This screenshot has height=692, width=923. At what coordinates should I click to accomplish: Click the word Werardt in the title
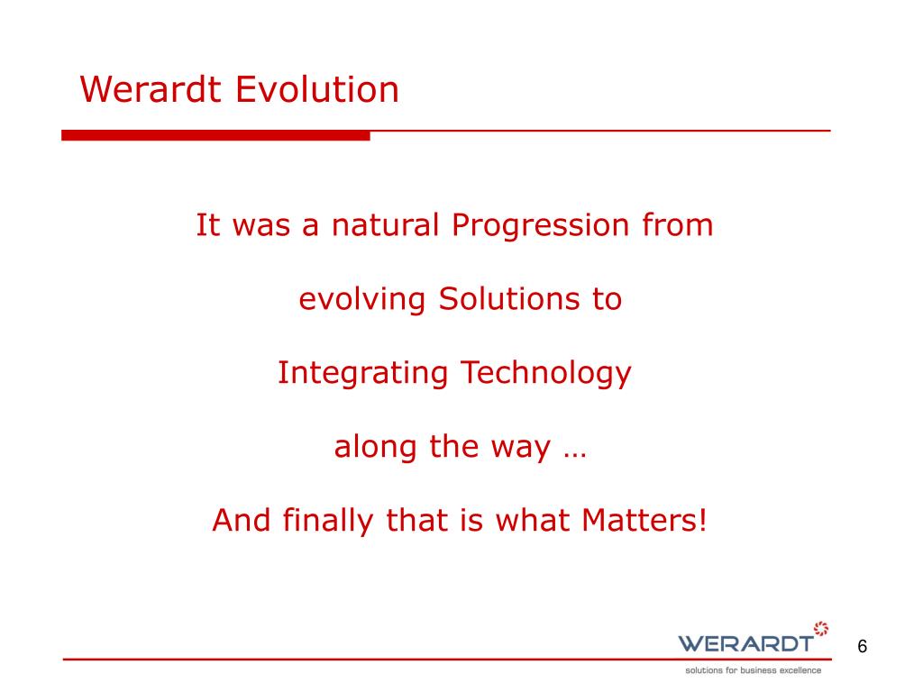pyautogui.click(x=151, y=89)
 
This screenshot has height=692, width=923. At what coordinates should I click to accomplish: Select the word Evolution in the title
pyautogui.click(x=317, y=89)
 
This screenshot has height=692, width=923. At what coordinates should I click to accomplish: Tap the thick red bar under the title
pyautogui.click(x=215, y=135)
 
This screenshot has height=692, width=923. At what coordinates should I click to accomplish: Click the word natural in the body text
pyautogui.click(x=386, y=224)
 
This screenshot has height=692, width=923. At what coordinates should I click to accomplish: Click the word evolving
pyautogui.click(x=362, y=300)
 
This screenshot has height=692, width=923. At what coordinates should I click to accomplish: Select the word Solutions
pyautogui.click(x=509, y=299)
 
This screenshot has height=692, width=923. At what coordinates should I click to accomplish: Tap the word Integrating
pyautogui.click(x=362, y=374)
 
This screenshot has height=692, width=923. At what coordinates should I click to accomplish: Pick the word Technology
pyautogui.click(x=546, y=374)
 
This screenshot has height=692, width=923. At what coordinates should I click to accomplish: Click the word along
pyautogui.click(x=376, y=448)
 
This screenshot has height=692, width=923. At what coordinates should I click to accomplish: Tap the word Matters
pyautogui.click(x=639, y=520)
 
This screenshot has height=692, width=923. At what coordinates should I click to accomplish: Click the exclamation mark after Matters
pyautogui.click(x=701, y=520)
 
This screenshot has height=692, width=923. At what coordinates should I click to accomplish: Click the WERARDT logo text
pyautogui.click(x=745, y=643)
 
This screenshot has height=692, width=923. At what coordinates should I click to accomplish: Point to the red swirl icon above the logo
pyautogui.click(x=821, y=628)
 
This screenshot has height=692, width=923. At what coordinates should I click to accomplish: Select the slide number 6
pyautogui.click(x=863, y=647)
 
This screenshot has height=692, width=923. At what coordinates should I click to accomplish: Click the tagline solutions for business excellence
pyautogui.click(x=753, y=670)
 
